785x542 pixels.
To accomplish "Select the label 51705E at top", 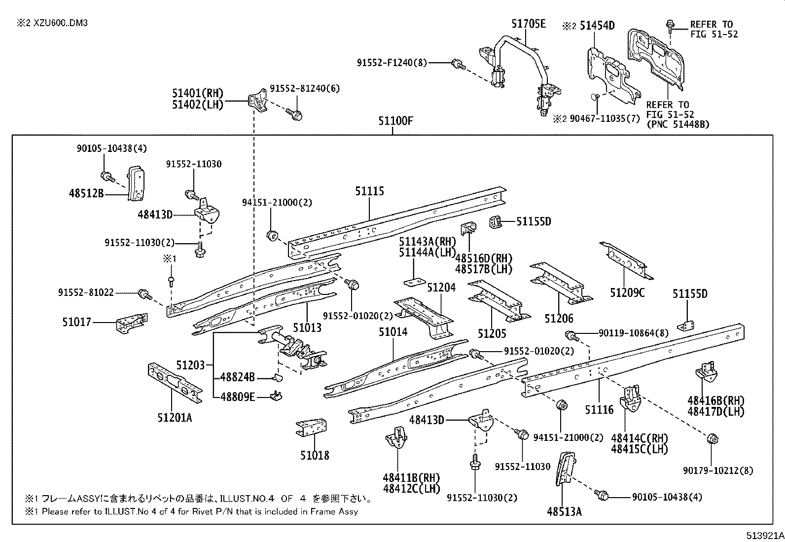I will tap(529, 24).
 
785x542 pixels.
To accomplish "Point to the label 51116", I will tap(599, 409).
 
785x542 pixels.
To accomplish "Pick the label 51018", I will tap(315, 455).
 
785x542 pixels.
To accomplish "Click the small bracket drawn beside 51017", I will tap(131, 324).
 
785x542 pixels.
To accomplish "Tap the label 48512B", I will tap(86, 194).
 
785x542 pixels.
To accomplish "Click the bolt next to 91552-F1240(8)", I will tap(458, 63).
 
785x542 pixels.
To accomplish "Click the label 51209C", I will tap(627, 293).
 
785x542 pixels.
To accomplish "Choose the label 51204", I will tap(441, 288).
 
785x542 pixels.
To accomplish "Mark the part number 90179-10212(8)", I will tap(718, 471).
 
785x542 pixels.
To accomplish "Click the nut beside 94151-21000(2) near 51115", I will tap(272, 235).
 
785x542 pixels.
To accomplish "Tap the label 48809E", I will tap(238, 397).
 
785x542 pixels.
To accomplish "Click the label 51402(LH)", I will tap(198, 105).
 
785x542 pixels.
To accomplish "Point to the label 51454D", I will tap(597, 26).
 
